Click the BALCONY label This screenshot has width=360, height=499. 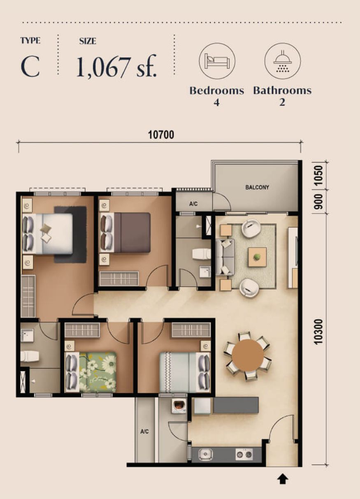[x=257, y=188]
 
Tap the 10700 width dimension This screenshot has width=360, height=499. [x=161, y=135]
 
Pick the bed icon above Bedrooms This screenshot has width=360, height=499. [x=217, y=61]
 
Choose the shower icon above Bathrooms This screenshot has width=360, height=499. [x=282, y=61]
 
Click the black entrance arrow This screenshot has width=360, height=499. [x=282, y=478]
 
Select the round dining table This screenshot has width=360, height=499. [x=248, y=355]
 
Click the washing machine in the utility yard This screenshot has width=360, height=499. [x=179, y=406]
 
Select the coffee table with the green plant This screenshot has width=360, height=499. [x=257, y=257]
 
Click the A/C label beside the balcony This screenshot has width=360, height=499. [x=194, y=204]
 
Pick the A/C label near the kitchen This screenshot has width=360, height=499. [x=144, y=432]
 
